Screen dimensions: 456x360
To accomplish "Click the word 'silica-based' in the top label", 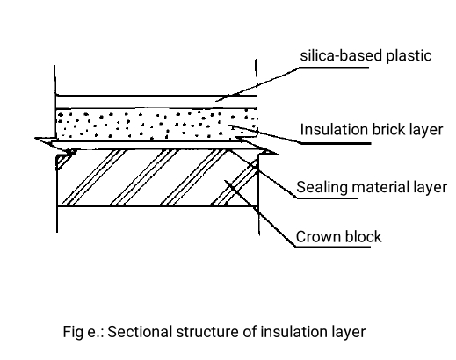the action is pyautogui.click(x=341, y=55).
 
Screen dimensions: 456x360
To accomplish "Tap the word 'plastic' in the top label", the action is pyautogui.click(x=409, y=56).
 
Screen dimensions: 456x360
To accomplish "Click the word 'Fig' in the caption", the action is pyautogui.click(x=73, y=333).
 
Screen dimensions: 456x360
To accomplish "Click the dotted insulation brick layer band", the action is pyautogui.click(x=156, y=125).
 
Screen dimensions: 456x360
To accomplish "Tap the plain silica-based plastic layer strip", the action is pyautogui.click(x=156, y=102).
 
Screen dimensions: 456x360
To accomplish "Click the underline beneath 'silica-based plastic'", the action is pyautogui.click(x=334, y=68).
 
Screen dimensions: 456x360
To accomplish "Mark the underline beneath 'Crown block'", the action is pyautogui.click(x=333, y=248).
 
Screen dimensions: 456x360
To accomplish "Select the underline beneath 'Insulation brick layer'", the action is pyautogui.click(x=336, y=143).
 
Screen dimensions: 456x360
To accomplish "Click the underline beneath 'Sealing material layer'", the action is pyautogui.click(x=328, y=198).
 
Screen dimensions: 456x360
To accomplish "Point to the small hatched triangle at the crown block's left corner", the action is pyautogui.click(x=63, y=160).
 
